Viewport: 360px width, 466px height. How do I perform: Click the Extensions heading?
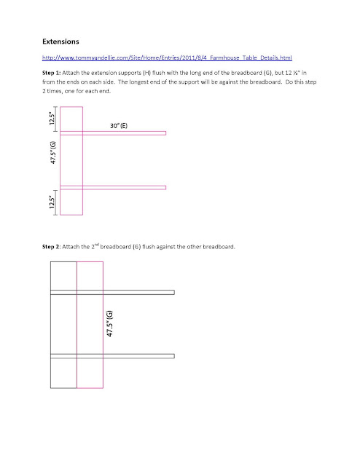point(60,42)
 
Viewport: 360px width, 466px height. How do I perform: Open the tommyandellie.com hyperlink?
point(167,58)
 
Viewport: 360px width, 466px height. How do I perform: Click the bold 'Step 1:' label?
point(52,73)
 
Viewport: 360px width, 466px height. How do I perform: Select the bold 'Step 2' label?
point(51,247)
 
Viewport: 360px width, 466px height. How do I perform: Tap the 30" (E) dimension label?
point(119,126)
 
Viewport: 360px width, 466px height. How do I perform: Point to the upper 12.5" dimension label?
point(52,118)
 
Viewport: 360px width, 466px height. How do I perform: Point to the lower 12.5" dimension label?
point(52,202)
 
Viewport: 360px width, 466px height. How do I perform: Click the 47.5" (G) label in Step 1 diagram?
point(53,152)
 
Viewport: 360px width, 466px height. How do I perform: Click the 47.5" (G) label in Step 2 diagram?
point(109,323)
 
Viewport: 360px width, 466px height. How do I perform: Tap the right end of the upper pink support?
point(165,133)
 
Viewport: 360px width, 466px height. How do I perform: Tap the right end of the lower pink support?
point(165,188)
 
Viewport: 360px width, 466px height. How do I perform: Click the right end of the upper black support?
point(174,293)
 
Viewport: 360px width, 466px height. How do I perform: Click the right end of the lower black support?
point(174,356)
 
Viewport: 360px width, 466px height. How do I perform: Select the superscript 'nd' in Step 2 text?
point(97,245)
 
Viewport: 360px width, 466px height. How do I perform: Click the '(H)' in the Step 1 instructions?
point(146,73)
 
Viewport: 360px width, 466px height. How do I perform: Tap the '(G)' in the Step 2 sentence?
point(136,247)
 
